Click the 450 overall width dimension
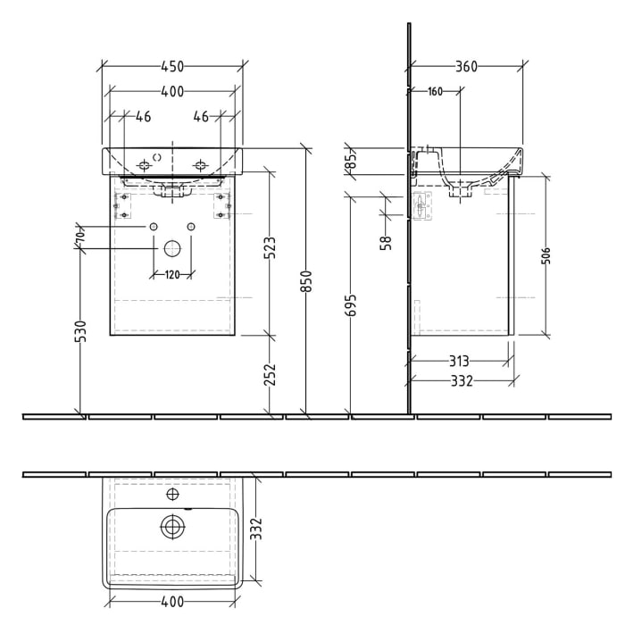(171, 66)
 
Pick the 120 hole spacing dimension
(171, 273)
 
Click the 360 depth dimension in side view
(465, 66)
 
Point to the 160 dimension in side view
(435, 91)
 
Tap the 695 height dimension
(352, 307)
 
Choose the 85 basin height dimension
(352, 161)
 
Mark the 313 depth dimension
(457, 361)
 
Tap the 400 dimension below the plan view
(171, 609)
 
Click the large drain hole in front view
(171, 247)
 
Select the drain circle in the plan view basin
(171, 527)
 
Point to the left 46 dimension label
(142, 116)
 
